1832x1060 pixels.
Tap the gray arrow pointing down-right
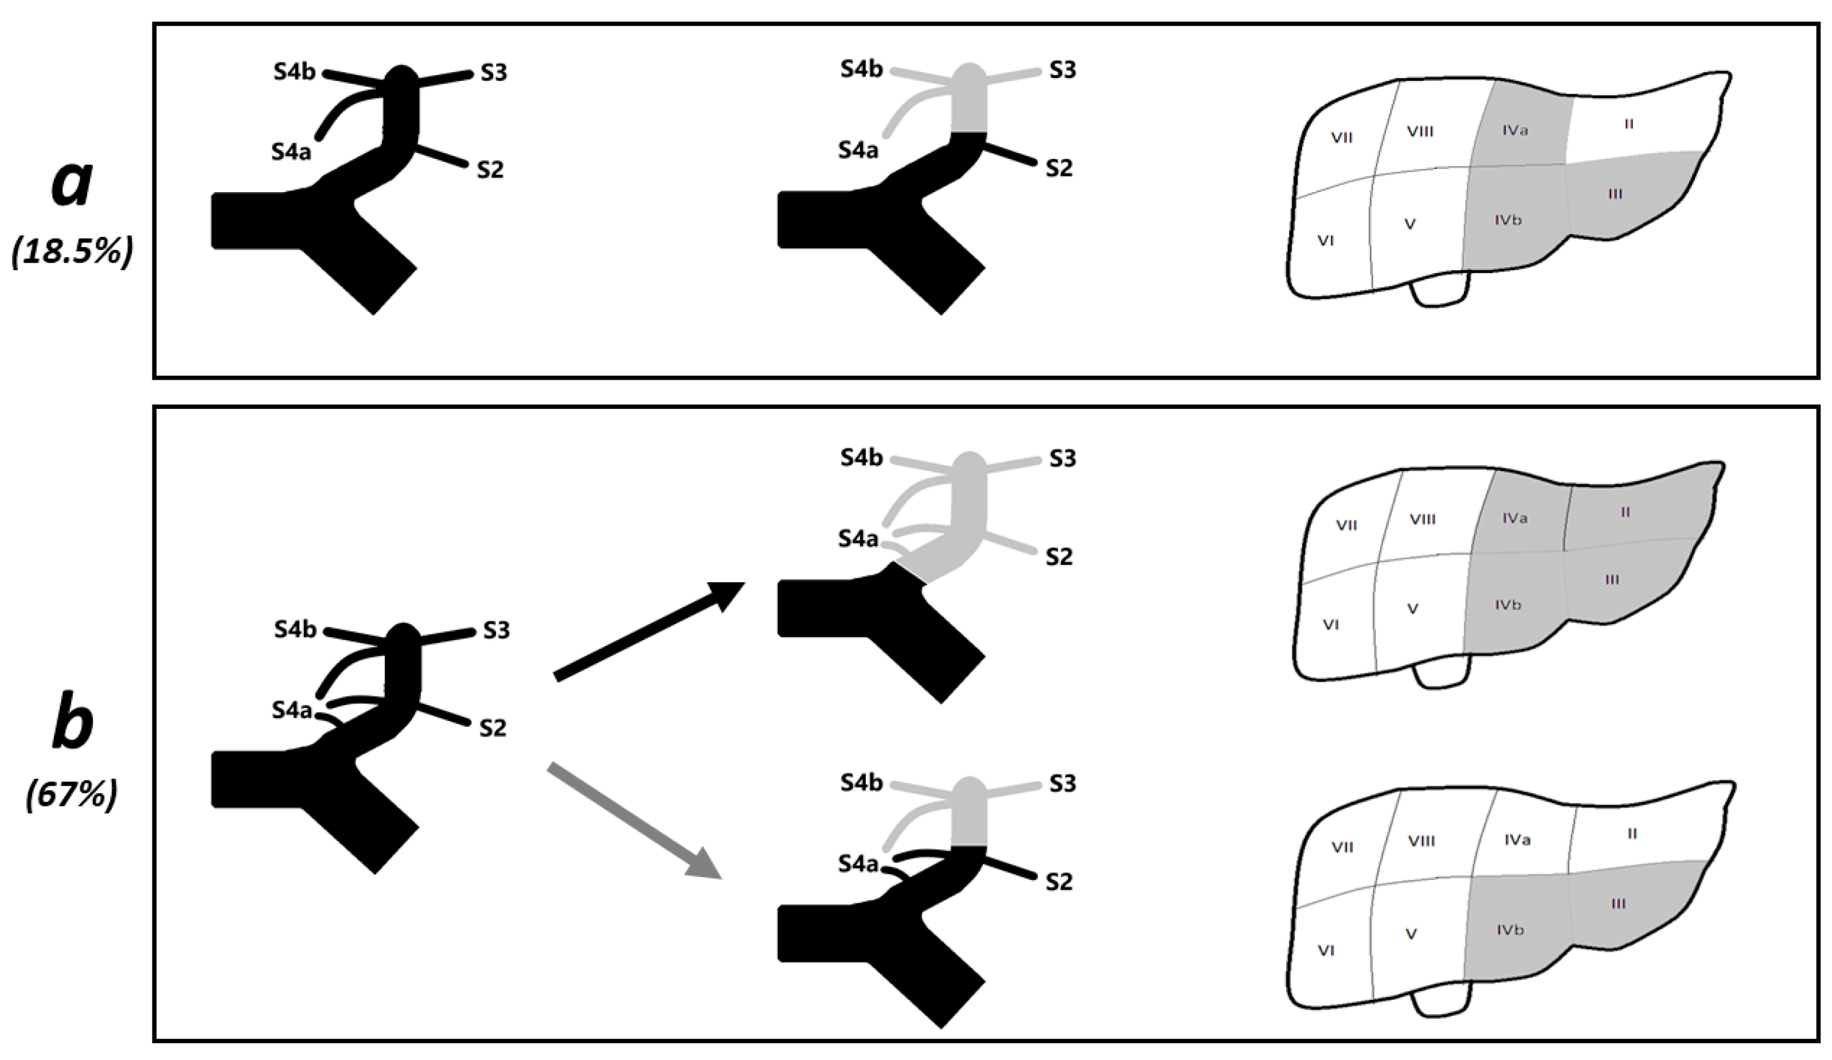tap(632, 820)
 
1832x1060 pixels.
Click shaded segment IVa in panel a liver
tap(1515, 131)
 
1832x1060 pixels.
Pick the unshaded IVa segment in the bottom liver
tap(1518, 840)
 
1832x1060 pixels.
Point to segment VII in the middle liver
tap(1346, 524)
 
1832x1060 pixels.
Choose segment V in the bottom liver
tap(1411, 934)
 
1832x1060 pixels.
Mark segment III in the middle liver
tap(1612, 579)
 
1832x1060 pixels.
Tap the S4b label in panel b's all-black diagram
tap(295, 630)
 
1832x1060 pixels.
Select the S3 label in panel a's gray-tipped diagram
tap(1062, 70)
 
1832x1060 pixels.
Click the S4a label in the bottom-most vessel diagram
tap(858, 864)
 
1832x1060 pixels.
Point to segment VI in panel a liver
tap(1325, 241)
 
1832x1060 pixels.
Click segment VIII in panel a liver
tap(1420, 131)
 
